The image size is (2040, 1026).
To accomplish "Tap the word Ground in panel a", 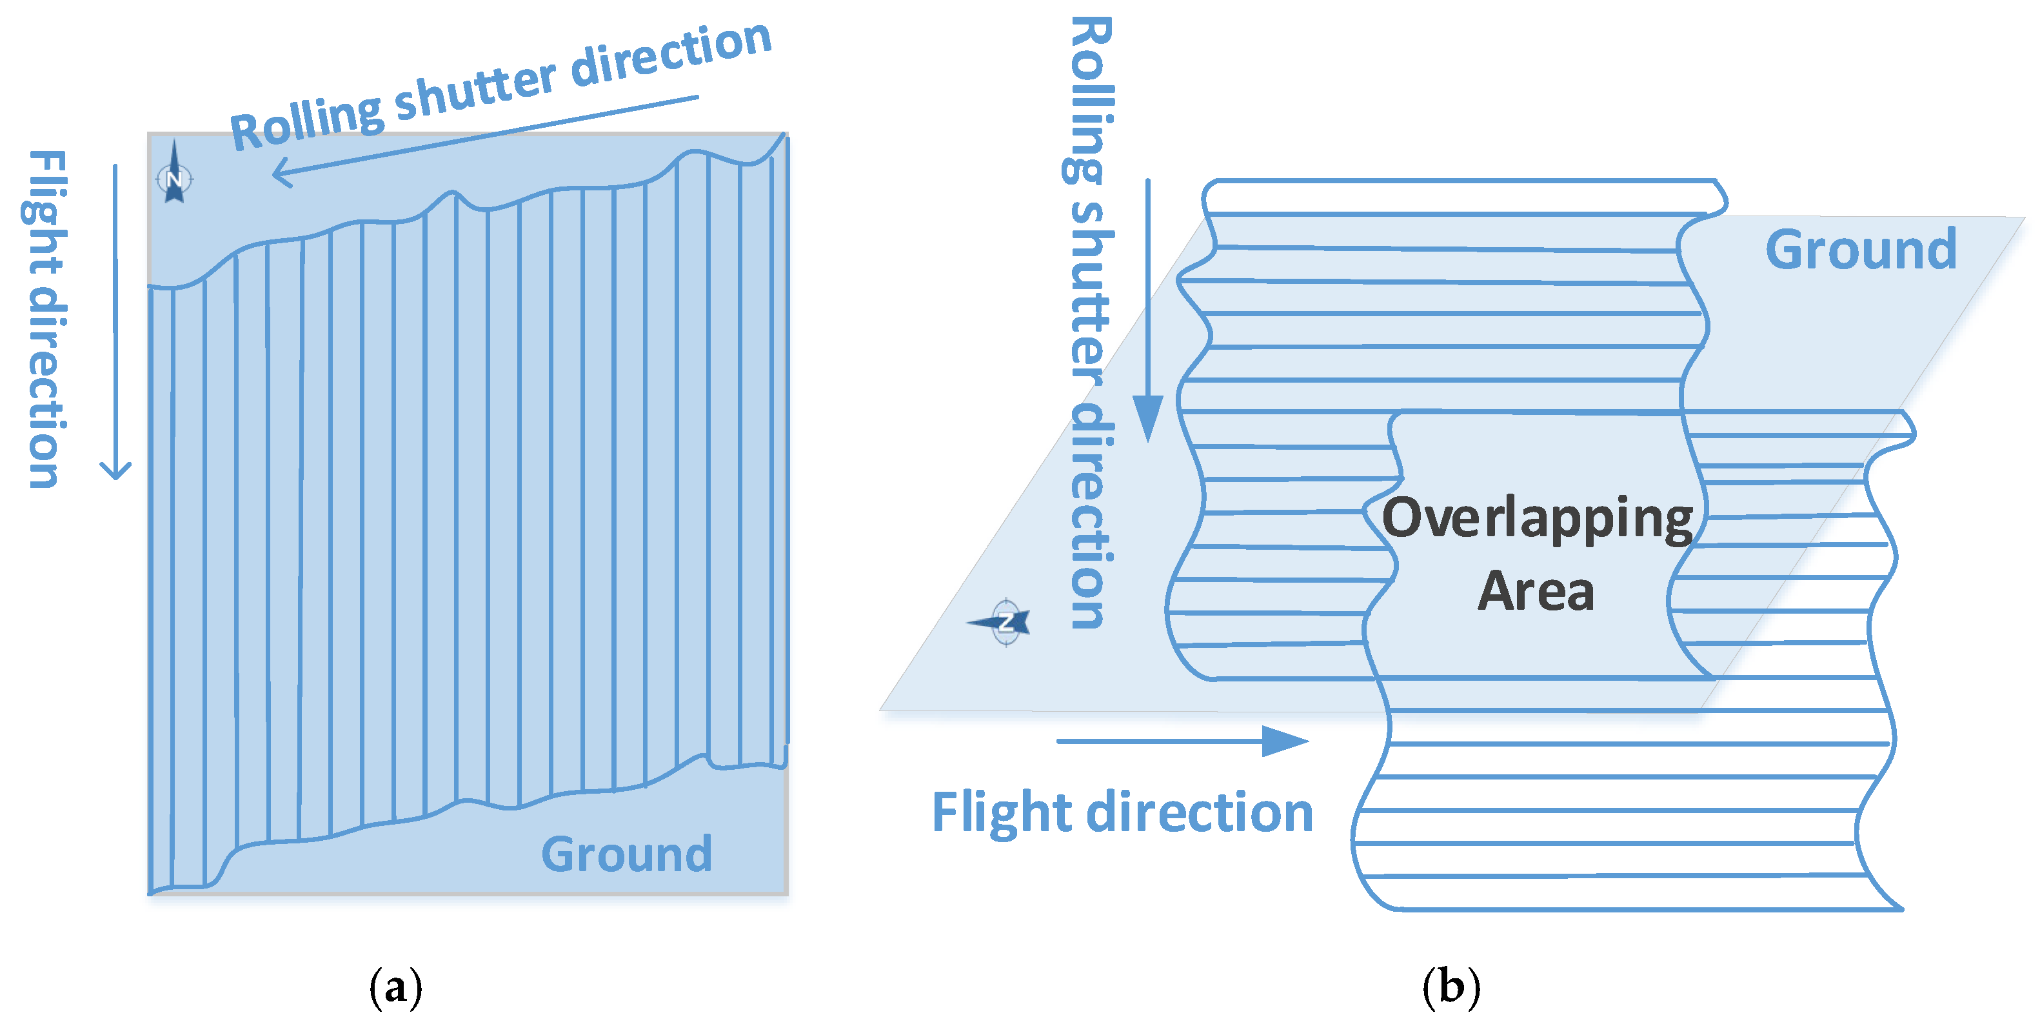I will coord(626,854).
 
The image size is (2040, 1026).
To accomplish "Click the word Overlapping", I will coord(1536,519).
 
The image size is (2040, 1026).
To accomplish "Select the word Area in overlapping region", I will coord(1536,591).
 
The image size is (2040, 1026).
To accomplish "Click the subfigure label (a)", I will coord(395,987).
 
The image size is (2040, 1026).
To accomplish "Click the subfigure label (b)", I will coord(1451,987).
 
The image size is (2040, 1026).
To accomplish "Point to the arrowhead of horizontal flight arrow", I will coord(1287,741).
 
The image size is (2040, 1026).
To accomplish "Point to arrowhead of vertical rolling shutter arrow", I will coord(1147,419).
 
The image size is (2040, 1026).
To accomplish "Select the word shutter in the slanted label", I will coord(475,92).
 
